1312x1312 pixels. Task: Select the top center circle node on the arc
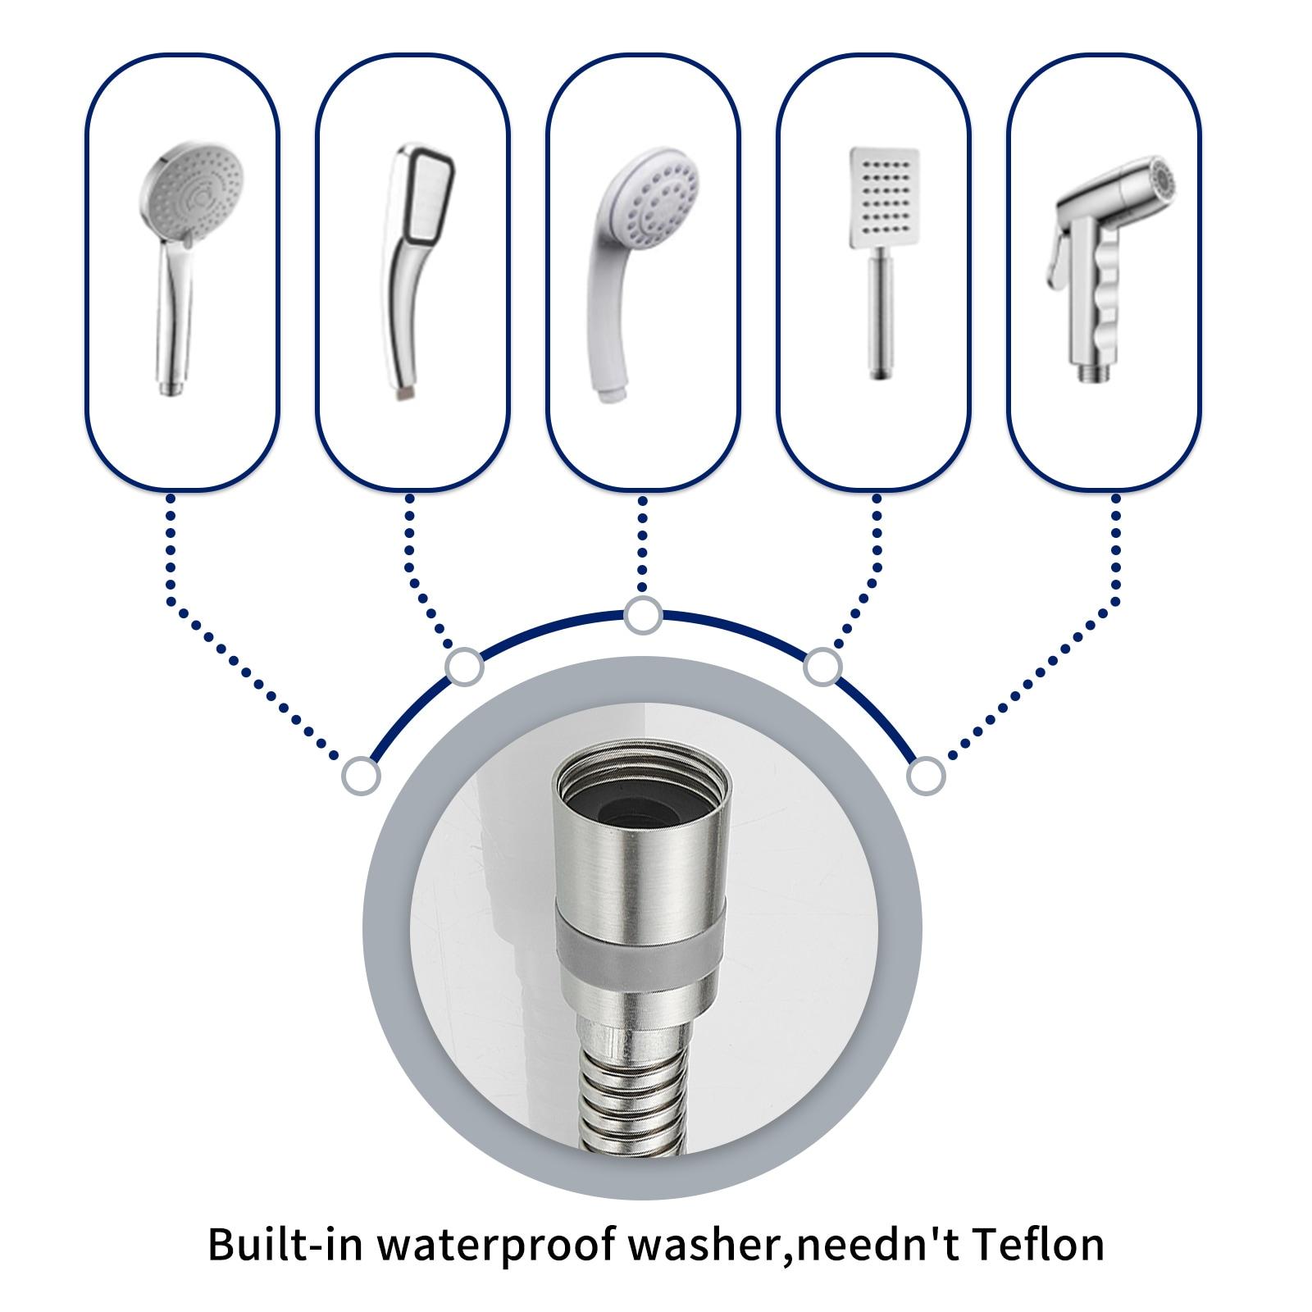pos(643,615)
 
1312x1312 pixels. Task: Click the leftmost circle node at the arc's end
pos(362,775)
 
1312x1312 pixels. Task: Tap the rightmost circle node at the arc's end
pos(926,775)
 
